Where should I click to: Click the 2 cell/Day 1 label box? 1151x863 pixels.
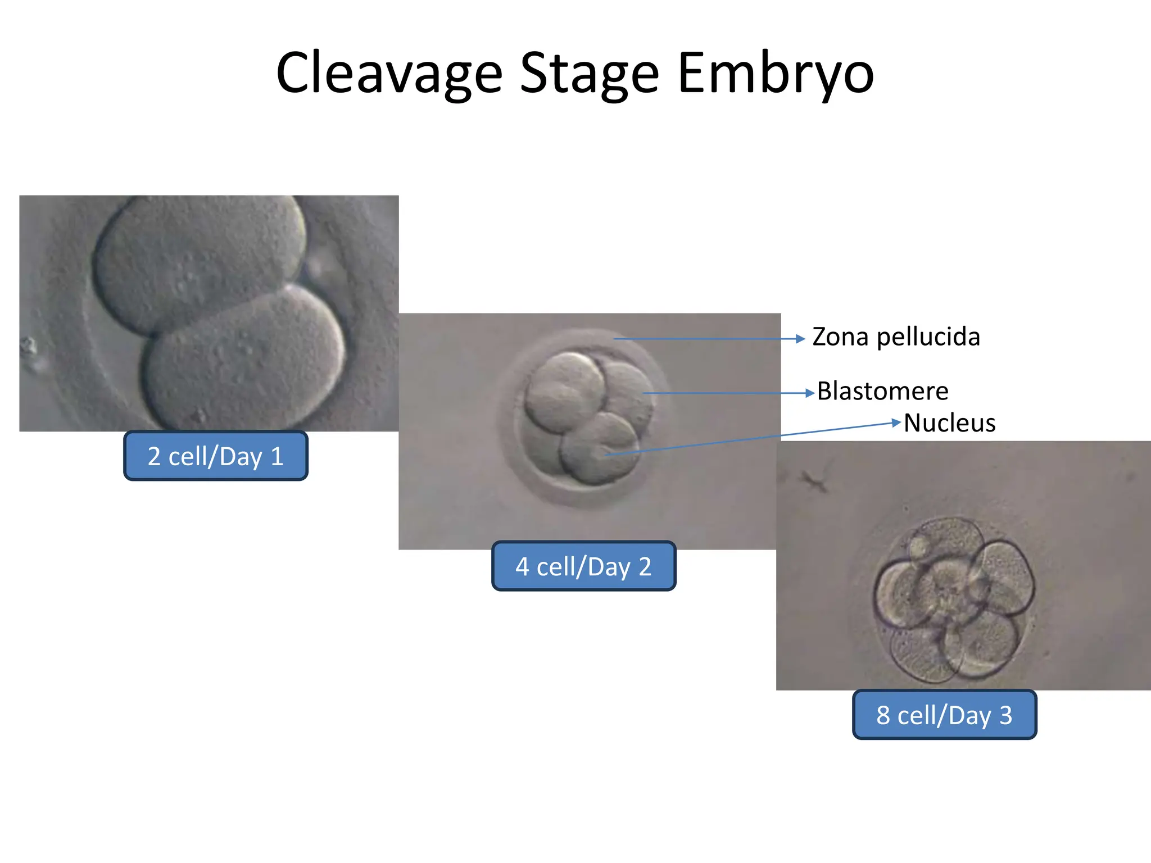pyautogui.click(x=215, y=456)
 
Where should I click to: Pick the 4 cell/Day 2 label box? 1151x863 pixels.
pyautogui.click(x=583, y=566)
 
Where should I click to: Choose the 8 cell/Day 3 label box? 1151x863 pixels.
pyautogui.click(x=944, y=715)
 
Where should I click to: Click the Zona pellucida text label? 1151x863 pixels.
pyautogui.click(x=896, y=337)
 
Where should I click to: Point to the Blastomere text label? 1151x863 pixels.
pyautogui.click(x=882, y=391)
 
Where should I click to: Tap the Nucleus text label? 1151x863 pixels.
pyautogui.click(x=949, y=423)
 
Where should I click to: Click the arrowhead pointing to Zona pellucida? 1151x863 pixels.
pyautogui.click(x=800, y=339)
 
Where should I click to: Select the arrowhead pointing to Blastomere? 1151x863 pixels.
pyautogui.click(x=809, y=393)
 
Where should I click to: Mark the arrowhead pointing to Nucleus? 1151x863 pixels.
pyautogui.click(x=896, y=422)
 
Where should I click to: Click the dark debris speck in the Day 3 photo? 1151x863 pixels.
pyautogui.click(x=814, y=481)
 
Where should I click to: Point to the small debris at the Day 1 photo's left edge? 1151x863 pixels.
pyautogui.click(x=28, y=346)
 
